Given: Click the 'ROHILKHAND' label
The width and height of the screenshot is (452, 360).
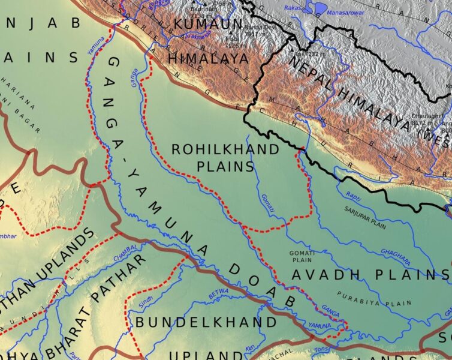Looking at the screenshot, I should [225, 149].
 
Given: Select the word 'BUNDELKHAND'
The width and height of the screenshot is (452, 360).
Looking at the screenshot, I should [206, 323].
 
